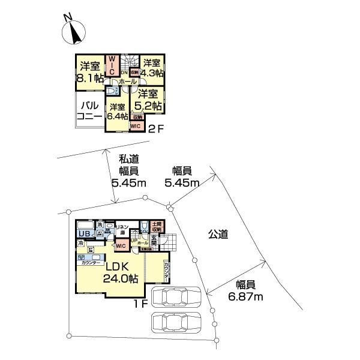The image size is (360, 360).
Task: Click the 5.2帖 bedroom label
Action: click(x=148, y=100)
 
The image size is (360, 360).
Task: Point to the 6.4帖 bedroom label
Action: click(x=116, y=112)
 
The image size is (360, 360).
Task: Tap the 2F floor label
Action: click(x=155, y=128)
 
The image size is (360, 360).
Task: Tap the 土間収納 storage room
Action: click(x=157, y=227)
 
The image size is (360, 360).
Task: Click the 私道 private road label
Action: click(x=128, y=159)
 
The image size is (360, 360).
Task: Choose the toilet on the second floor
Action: click(x=111, y=92)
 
